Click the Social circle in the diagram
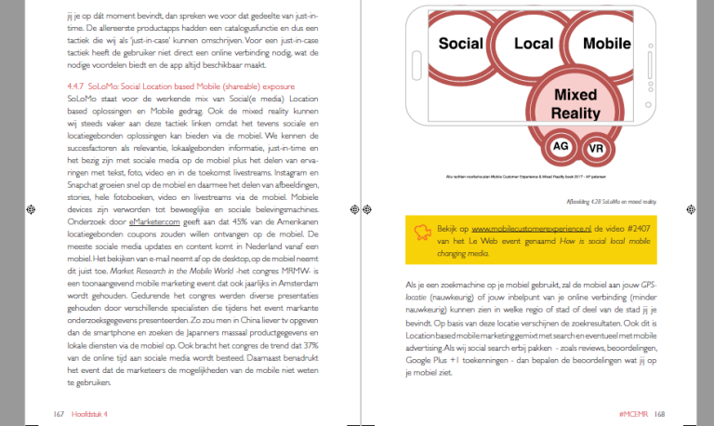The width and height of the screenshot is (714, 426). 460,44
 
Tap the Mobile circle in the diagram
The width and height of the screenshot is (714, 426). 606,44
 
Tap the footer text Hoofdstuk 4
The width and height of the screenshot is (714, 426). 90,412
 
